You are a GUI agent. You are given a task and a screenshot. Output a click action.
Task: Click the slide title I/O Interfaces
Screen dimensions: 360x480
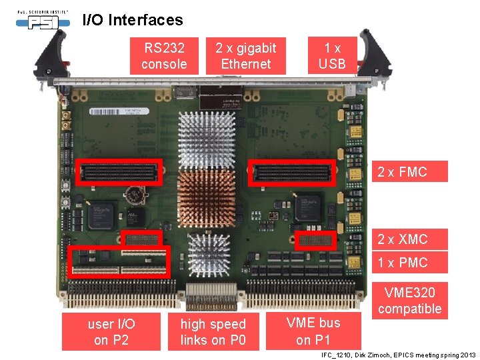pos(132,20)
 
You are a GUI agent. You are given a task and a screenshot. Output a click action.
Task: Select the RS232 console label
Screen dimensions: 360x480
pos(164,56)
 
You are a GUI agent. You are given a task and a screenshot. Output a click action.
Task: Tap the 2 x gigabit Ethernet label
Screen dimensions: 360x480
pos(246,56)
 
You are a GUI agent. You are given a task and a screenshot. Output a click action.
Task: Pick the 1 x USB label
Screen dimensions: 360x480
pos(332,56)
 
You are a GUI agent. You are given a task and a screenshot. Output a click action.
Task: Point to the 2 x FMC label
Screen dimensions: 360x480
pos(402,172)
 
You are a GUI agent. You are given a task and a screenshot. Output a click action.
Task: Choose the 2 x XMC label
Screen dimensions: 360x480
pos(403,239)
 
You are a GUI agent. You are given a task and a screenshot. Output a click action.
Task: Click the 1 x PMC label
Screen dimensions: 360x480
pos(403,263)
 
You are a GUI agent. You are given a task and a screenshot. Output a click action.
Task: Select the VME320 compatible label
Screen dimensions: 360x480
pos(409,300)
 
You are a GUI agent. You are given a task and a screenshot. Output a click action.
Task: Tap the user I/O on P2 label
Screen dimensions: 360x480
pos(111,332)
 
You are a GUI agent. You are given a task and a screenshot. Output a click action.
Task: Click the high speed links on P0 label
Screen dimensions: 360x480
pos(213,332)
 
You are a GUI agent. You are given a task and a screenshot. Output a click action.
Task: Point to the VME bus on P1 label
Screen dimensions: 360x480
pos(313,331)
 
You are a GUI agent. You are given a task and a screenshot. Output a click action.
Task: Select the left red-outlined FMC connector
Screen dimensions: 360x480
pos(120,172)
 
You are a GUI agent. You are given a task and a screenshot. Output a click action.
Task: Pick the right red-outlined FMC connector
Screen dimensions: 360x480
pos(291,172)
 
